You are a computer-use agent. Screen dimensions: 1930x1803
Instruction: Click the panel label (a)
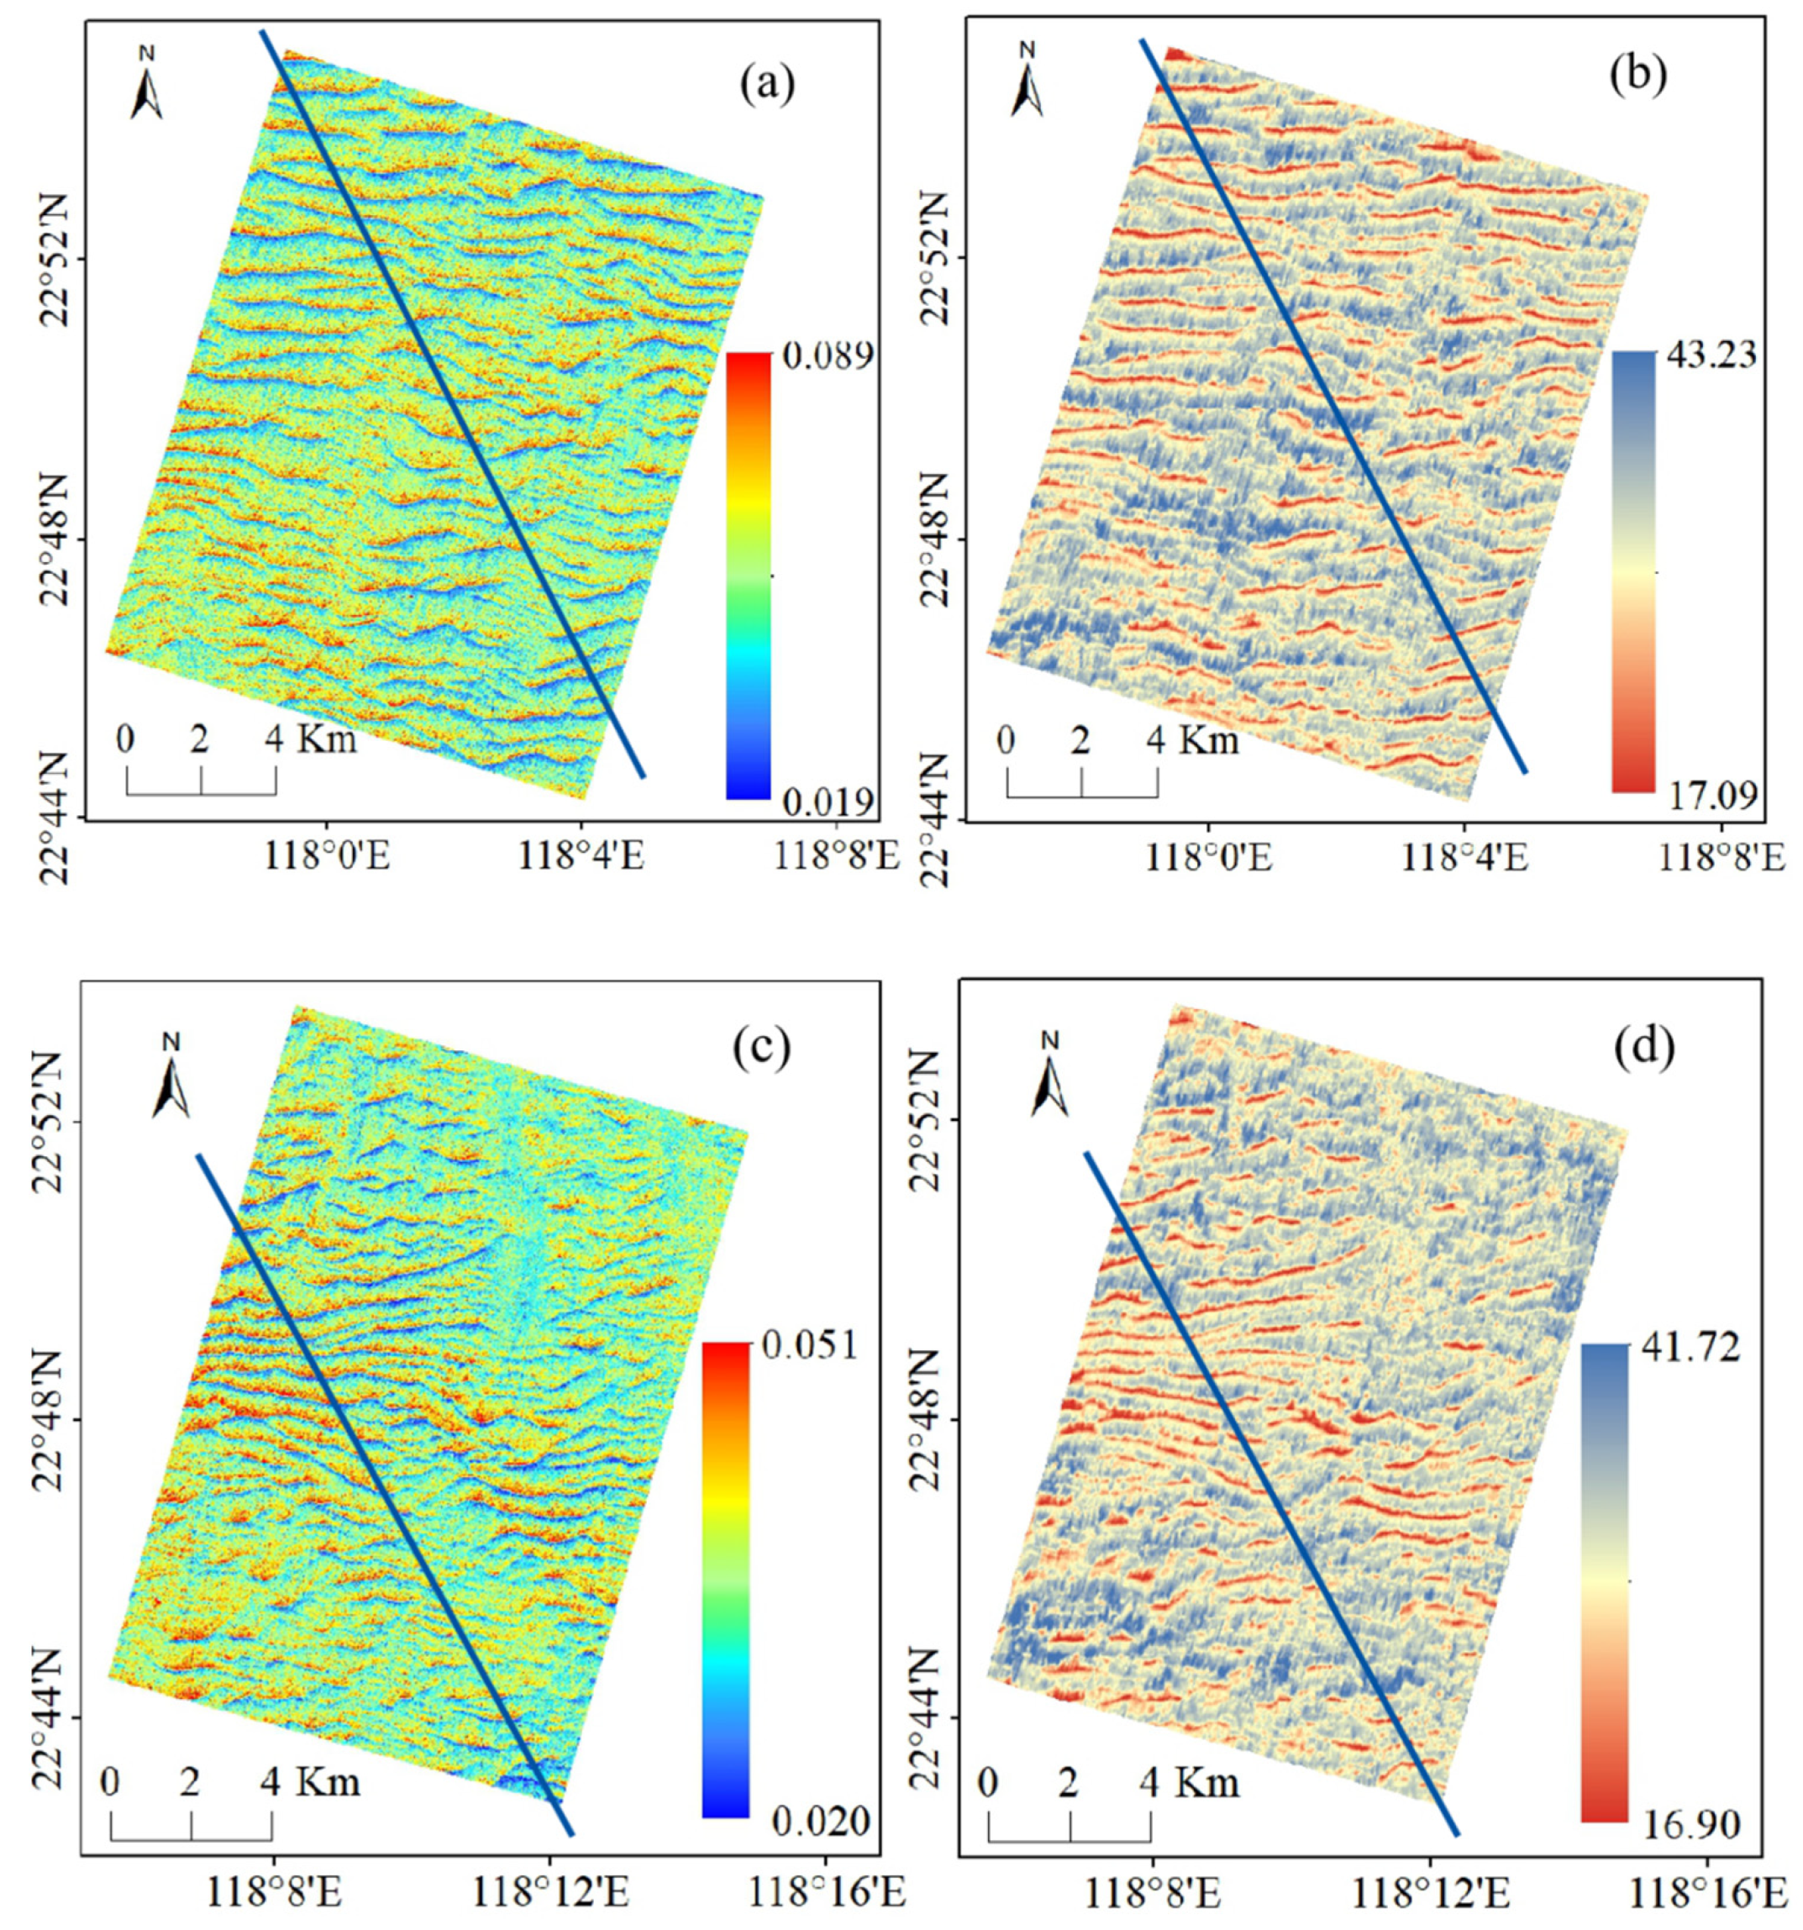click(x=766, y=86)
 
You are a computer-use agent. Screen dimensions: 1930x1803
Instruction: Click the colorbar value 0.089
click(x=828, y=355)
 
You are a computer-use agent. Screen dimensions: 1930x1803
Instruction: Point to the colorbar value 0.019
click(x=828, y=802)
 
